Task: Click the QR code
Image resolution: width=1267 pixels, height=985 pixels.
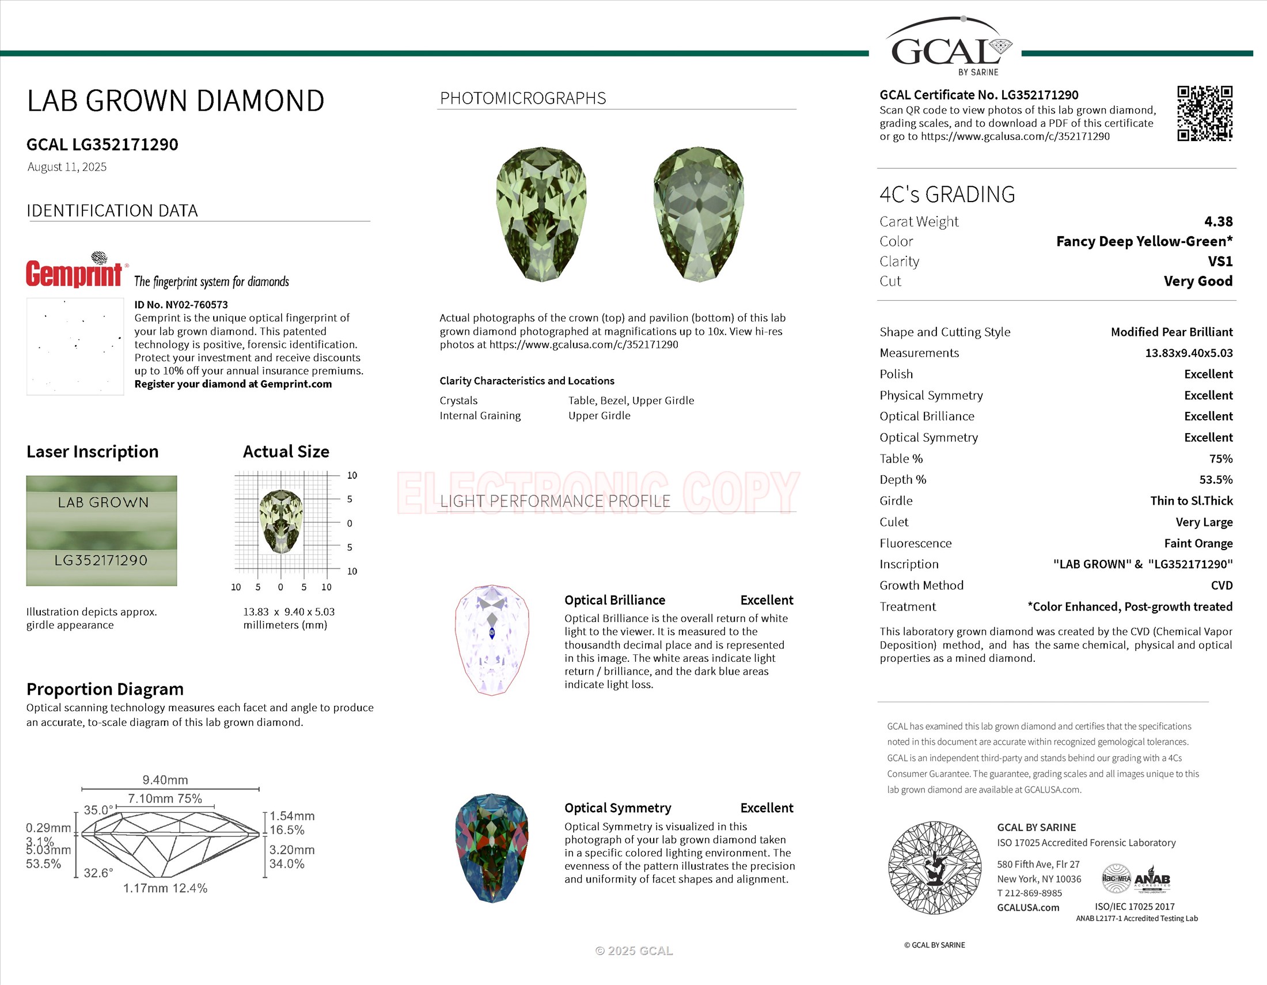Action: (x=1204, y=113)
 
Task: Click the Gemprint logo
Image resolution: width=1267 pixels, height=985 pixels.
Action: (x=74, y=271)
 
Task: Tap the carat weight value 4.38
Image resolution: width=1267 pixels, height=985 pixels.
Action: (x=1217, y=222)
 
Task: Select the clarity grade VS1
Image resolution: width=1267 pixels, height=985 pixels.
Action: (x=1220, y=262)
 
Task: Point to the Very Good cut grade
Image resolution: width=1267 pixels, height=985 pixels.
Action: (x=1197, y=281)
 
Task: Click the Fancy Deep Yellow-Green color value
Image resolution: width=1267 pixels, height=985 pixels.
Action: (x=1143, y=241)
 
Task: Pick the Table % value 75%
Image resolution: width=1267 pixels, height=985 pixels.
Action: (x=1220, y=459)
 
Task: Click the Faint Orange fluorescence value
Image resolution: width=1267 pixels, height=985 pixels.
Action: (x=1198, y=544)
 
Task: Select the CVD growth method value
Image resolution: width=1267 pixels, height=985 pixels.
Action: (x=1221, y=586)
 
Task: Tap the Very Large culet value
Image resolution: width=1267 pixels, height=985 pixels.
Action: (x=1204, y=522)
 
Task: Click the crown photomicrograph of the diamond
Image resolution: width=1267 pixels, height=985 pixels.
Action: (x=541, y=214)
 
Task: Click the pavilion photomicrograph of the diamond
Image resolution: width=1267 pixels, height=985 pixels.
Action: (x=699, y=214)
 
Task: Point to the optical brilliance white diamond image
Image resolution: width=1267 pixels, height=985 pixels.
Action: (x=492, y=640)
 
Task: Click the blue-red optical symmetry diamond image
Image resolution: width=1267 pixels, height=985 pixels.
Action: (x=492, y=848)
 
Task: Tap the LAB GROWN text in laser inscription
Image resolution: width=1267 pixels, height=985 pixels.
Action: (x=103, y=502)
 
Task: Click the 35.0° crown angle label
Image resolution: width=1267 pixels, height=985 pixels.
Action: (x=98, y=810)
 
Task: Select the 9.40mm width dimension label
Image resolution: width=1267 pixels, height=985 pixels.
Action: (x=165, y=779)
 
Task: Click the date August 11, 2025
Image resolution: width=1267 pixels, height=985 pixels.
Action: (x=67, y=167)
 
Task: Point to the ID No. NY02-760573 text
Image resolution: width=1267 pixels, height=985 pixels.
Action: (x=181, y=305)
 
